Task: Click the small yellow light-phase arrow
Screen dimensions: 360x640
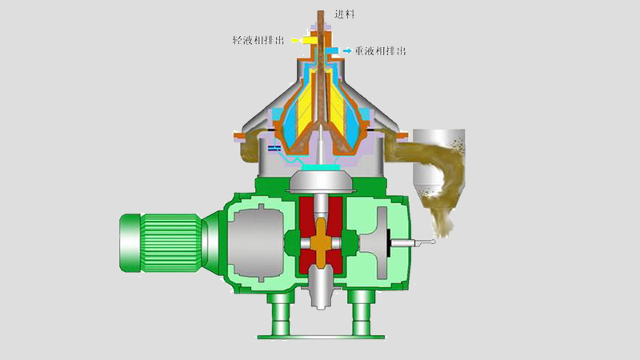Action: tap(294, 39)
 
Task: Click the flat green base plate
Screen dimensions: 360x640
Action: tap(319, 333)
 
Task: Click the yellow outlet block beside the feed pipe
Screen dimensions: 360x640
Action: tap(308, 39)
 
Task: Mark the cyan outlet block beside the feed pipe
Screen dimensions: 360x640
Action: tap(332, 50)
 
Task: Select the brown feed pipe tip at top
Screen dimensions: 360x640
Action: tap(319, 16)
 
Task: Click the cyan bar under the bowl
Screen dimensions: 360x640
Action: tap(319, 171)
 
